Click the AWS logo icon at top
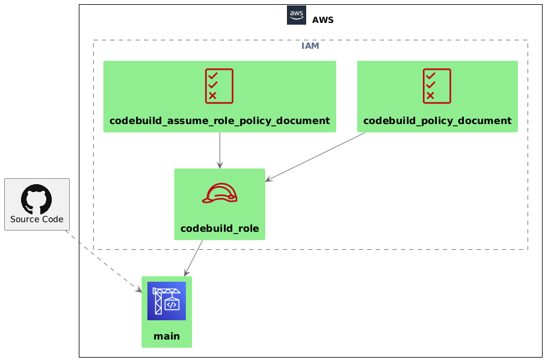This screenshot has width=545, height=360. tap(297, 15)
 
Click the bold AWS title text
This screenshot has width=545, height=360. tap(322, 20)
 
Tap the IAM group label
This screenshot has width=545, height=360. tap(310, 46)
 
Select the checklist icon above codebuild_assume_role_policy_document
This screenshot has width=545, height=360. tap(220, 86)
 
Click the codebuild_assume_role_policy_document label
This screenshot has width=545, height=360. tap(220, 121)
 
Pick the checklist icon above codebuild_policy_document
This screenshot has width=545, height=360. tap(437, 86)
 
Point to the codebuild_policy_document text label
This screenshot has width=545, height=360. tap(437, 121)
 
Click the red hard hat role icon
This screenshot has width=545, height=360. tap(220, 193)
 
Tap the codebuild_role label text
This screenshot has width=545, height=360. tap(220, 229)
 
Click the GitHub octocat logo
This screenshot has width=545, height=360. tap(37, 199)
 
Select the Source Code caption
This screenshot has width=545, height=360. tap(37, 220)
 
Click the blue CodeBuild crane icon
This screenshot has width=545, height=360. tap(167, 301)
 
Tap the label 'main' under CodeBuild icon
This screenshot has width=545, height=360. tap(167, 337)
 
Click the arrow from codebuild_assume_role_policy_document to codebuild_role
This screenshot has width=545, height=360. tap(220, 151)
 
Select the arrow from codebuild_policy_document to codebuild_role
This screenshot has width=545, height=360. tap(315, 157)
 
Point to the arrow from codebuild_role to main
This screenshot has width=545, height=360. tap(193, 258)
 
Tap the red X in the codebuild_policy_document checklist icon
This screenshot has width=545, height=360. tap(430, 95)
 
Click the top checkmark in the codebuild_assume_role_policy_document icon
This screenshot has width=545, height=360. tap(213, 75)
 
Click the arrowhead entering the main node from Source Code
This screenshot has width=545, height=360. tap(139, 290)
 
